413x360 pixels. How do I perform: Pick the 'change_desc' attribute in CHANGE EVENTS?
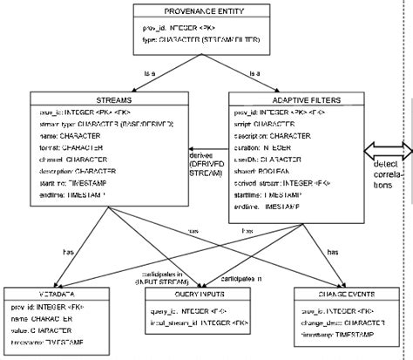point(328,323)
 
